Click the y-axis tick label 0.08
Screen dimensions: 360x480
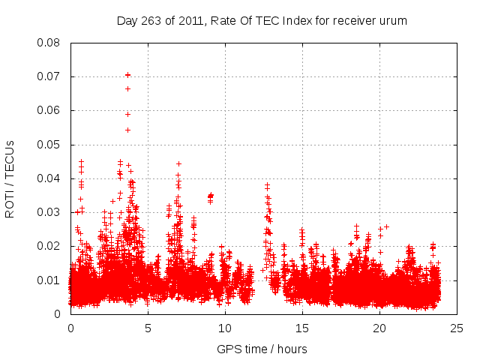pos(50,43)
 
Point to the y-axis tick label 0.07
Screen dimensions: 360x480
pos(50,76)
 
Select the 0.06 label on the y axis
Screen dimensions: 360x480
pos(50,110)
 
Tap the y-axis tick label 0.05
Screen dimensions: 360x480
pos(50,145)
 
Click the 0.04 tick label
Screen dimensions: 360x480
pos(50,178)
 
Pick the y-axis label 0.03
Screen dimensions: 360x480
pos(50,212)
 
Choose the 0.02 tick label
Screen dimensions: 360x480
pos(50,246)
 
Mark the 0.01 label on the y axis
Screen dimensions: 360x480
pos(50,280)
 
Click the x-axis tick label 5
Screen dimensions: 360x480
pos(148,328)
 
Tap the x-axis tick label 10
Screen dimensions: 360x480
pos(225,328)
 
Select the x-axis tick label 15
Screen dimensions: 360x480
pos(302,328)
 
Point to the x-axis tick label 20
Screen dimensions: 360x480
pos(379,328)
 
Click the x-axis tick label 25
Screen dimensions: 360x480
pos(457,328)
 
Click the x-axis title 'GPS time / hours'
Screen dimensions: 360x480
pos(262,349)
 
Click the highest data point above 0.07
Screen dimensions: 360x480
pos(127,74)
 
